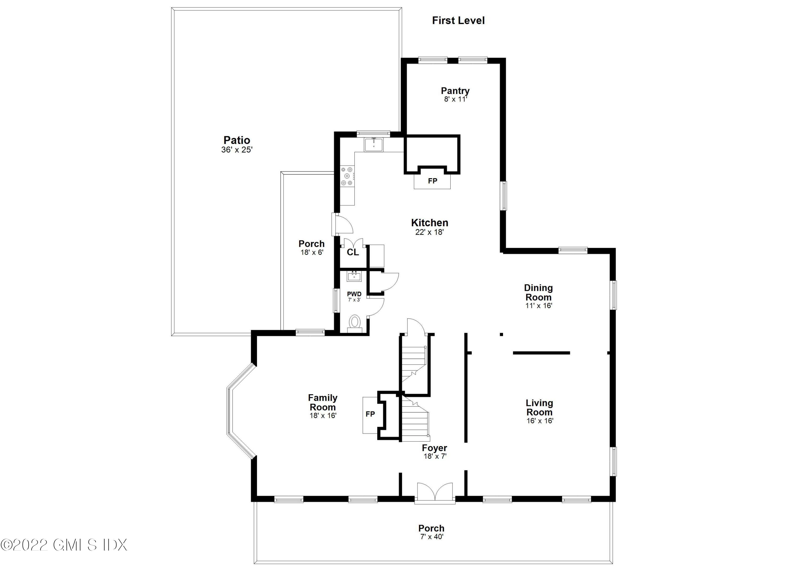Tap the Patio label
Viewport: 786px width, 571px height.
pyautogui.click(x=237, y=140)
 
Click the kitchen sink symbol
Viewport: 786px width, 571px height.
pyautogui.click(x=374, y=145)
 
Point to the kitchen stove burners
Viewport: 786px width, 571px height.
pyautogui.click(x=347, y=176)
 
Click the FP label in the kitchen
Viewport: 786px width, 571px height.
pyautogui.click(x=432, y=181)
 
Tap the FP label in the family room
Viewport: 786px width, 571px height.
pyautogui.click(x=370, y=414)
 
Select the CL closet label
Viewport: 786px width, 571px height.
pyautogui.click(x=353, y=252)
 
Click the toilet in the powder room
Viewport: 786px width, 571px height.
pyautogui.click(x=354, y=322)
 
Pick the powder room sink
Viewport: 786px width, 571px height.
pyautogui.click(x=354, y=277)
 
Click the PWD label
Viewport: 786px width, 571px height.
pyautogui.click(x=354, y=294)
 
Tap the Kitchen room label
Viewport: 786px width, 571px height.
pyautogui.click(x=429, y=223)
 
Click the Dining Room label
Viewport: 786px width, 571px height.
pyautogui.click(x=538, y=293)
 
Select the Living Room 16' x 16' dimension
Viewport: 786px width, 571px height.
pyautogui.click(x=540, y=421)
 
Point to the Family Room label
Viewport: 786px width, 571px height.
pyautogui.click(x=323, y=402)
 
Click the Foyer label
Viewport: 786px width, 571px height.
pyautogui.click(x=434, y=448)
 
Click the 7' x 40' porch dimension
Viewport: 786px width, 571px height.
pyautogui.click(x=432, y=537)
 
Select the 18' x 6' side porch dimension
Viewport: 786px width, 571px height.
pyautogui.click(x=312, y=252)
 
